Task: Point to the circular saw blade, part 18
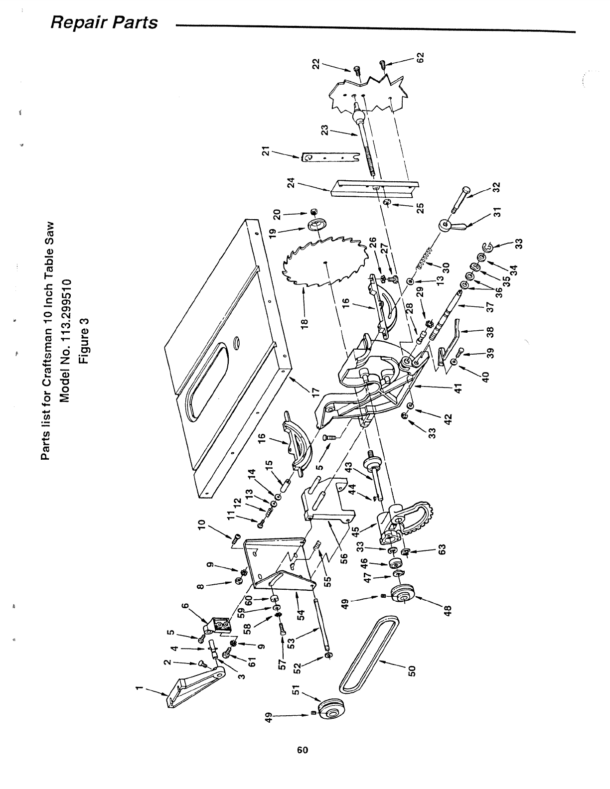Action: pyautogui.click(x=326, y=264)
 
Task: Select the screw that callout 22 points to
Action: pyautogui.click(x=357, y=70)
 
